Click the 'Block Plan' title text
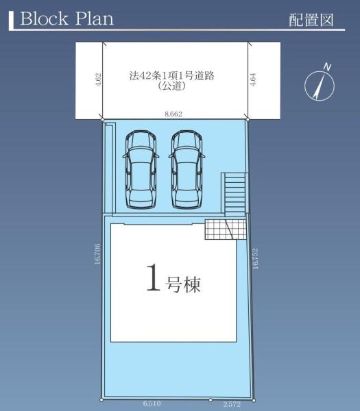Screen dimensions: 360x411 [x=67, y=18]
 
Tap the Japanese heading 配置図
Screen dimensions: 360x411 [x=311, y=20]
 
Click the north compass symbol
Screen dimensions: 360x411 [x=320, y=86]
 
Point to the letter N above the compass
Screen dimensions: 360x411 [x=327, y=67]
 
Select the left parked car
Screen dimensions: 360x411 [x=141, y=170]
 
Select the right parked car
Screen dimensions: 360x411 [x=187, y=170]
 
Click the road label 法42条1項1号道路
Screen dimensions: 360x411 [x=172, y=76]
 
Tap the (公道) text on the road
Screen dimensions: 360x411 [x=172, y=86]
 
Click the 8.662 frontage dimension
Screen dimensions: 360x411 [x=173, y=114]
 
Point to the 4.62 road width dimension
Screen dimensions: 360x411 [x=98, y=79]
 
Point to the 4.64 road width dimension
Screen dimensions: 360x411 [x=252, y=79]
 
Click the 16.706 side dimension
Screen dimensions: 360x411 [x=97, y=253]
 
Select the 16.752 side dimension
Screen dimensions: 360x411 [x=255, y=258]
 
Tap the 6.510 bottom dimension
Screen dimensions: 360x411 [x=152, y=403]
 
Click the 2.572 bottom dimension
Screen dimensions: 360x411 [x=232, y=404]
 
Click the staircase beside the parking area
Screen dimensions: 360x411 [x=235, y=195]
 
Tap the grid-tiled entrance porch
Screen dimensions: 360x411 [x=226, y=229]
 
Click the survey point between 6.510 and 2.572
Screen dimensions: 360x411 [x=211, y=400]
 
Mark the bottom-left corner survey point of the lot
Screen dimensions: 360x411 [x=101, y=400]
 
